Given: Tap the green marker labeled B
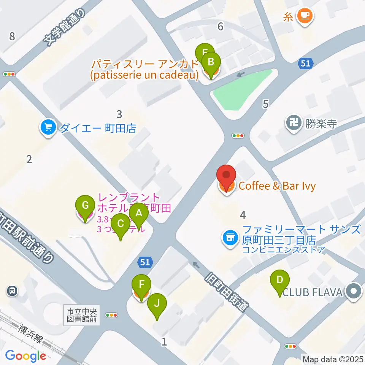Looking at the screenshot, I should click(211, 60).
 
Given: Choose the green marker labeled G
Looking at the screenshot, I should click(85, 205).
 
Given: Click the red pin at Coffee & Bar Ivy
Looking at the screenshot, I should click(226, 175).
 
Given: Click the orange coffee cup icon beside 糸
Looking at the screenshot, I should click(305, 16).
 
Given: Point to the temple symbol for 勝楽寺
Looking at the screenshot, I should click(293, 123).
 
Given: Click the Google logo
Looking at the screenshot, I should click(25, 356).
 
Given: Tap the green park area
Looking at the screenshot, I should click(242, 90).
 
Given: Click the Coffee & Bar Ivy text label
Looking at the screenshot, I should click(277, 186).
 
